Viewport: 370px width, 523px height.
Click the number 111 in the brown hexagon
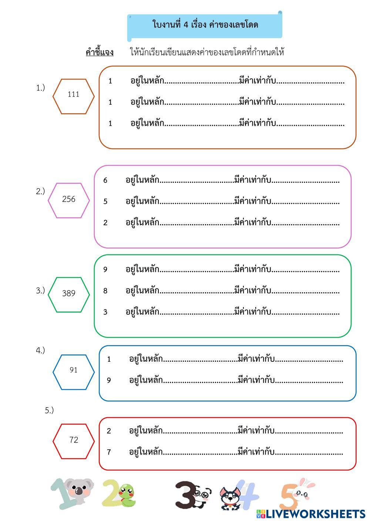pos(73,94)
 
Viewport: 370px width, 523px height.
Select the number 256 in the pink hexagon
pos(69,199)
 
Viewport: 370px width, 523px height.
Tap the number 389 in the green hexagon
pos(69,293)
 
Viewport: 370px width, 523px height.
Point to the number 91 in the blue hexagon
pos(73,370)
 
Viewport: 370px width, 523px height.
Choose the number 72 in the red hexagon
pos(74,440)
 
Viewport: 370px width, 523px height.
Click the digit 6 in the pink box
pos(105,180)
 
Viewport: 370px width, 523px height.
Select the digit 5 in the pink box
pos(105,202)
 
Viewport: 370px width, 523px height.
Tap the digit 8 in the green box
pos(105,291)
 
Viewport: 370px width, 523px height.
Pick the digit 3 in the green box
pos(105,312)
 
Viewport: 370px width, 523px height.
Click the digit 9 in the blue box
pos(109,381)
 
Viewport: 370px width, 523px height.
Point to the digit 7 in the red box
pos(109,452)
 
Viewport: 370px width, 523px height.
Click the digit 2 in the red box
pos(109,431)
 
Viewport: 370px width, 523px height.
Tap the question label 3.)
pos(40,291)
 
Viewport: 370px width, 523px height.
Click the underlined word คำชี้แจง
pos(100,52)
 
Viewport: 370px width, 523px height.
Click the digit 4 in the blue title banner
pos(186,25)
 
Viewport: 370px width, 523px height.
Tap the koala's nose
pos(80,491)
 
